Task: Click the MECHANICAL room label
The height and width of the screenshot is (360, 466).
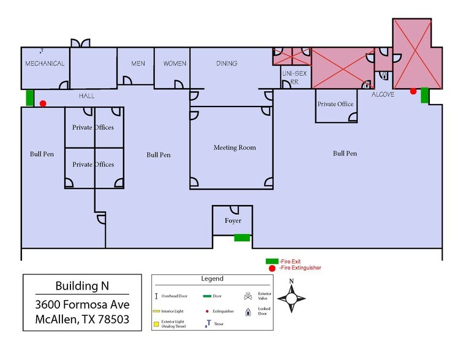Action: coord(45,64)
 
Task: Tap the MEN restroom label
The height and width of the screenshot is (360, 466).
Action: coord(138,64)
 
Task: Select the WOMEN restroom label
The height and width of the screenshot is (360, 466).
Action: coord(175,64)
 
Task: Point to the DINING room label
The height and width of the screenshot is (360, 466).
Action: coord(227,64)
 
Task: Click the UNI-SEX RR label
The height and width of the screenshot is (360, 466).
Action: coord(290,77)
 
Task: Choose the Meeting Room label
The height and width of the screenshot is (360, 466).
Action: coord(235,148)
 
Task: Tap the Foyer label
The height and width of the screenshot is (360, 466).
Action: coord(233,221)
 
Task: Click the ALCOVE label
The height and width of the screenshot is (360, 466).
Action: coord(383,95)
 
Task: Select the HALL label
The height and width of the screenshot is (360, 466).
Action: coord(86,96)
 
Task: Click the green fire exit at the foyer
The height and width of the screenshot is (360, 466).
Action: coord(242,238)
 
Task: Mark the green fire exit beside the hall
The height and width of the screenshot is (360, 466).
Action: coord(29,97)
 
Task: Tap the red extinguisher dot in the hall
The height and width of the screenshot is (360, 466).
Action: coord(43,104)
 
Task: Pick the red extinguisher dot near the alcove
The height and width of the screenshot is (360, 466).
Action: coord(413,91)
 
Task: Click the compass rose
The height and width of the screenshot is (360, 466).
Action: coord(291,299)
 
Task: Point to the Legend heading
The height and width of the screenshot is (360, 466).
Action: coord(212,279)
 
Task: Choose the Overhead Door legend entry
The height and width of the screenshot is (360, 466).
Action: coord(176,296)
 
